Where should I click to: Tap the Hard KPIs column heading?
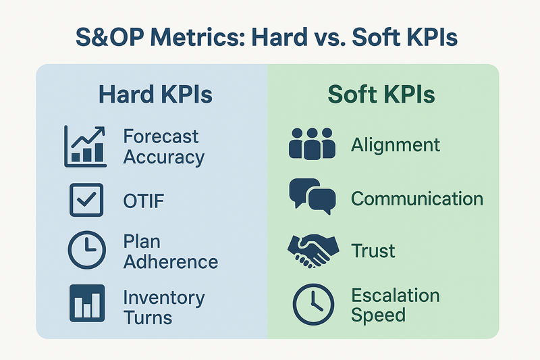click(x=155, y=95)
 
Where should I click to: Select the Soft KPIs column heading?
click(x=381, y=95)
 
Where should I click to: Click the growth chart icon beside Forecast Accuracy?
click(x=85, y=147)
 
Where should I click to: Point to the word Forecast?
click(x=161, y=136)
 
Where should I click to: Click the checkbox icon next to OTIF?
click(x=86, y=200)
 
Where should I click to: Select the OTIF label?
click(x=144, y=201)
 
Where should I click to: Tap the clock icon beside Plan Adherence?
click(x=87, y=250)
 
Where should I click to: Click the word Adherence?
click(x=171, y=262)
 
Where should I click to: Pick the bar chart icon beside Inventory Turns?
click(x=87, y=303)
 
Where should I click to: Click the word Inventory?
click(x=164, y=299)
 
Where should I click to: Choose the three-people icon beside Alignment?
click(x=312, y=144)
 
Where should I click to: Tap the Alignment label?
click(x=396, y=145)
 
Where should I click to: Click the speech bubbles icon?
click(x=313, y=197)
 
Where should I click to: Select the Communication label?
click(x=417, y=199)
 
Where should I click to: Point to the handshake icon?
click(x=313, y=251)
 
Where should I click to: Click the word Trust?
click(x=373, y=251)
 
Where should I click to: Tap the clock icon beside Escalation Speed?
click(x=313, y=305)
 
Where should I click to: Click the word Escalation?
click(x=396, y=295)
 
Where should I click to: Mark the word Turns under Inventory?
click(x=148, y=317)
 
